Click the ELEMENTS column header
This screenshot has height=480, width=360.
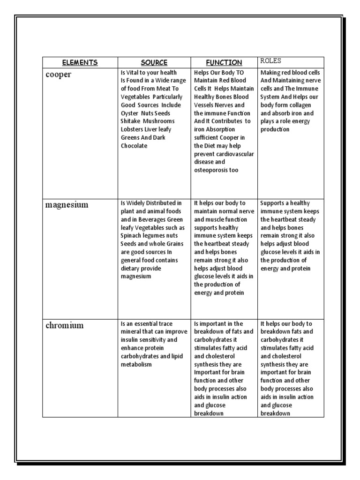80,62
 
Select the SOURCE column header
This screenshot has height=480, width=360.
154,62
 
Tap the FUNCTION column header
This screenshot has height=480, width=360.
224,62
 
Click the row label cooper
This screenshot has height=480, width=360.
59,75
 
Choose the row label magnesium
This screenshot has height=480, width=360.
67,205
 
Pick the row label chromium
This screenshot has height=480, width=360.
65,326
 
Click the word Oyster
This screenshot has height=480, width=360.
129,113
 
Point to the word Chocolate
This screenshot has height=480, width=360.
134,146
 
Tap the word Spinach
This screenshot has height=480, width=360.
132,236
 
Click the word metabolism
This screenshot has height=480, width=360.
136,364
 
